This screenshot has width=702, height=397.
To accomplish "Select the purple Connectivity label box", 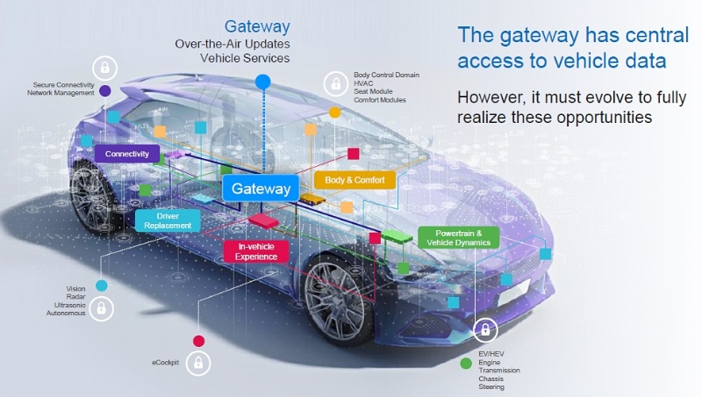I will [x=127, y=154].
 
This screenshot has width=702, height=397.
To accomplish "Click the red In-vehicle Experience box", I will [x=256, y=251].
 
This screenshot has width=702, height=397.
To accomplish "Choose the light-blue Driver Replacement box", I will [x=168, y=220].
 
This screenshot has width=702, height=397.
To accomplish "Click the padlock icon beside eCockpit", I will [x=199, y=362].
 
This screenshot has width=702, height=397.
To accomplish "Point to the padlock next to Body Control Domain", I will [x=334, y=84].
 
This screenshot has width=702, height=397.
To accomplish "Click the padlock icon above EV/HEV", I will [x=484, y=332].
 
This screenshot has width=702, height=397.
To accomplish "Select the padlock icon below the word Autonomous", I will [x=102, y=308].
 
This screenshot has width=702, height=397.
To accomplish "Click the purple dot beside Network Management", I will [x=105, y=90].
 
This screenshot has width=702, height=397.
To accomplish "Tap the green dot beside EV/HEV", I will [x=466, y=362].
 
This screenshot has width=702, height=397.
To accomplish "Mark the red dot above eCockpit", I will [x=199, y=341].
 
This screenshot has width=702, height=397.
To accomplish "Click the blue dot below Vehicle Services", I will [x=261, y=82].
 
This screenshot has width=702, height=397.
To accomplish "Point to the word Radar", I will [x=75, y=296].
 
